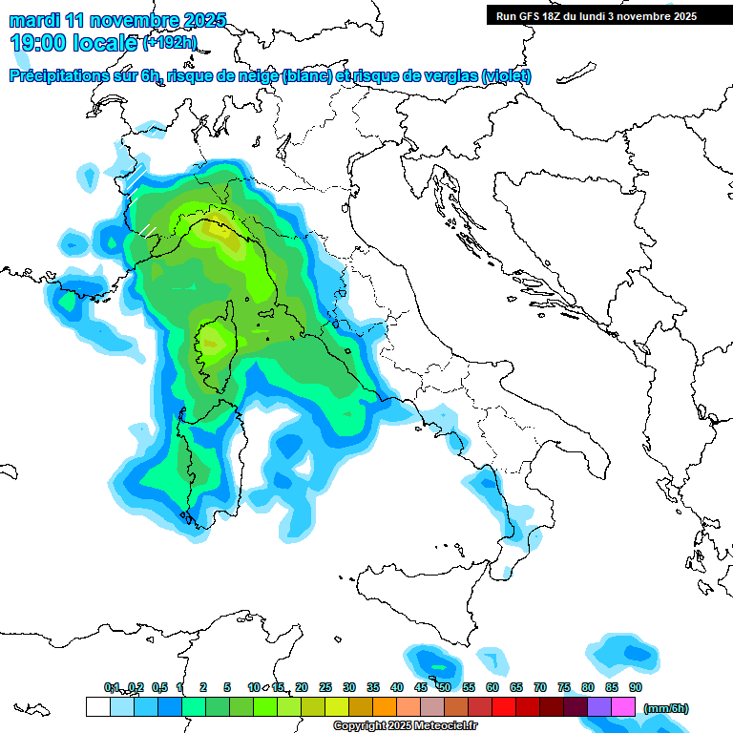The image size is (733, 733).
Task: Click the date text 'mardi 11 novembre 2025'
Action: point(118,20)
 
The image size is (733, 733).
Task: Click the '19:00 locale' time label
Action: point(74,43)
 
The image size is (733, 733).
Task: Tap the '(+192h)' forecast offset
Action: point(169,43)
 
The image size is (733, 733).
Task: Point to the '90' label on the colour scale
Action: point(635,687)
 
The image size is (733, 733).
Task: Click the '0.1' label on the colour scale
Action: point(112,687)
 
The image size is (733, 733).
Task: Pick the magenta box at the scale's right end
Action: point(623,706)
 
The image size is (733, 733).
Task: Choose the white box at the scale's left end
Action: point(97,706)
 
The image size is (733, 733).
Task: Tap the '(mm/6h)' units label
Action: point(666,708)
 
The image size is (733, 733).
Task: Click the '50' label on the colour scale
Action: point(444,687)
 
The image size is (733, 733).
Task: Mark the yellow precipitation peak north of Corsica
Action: point(220,230)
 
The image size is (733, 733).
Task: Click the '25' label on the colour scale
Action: point(325,687)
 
